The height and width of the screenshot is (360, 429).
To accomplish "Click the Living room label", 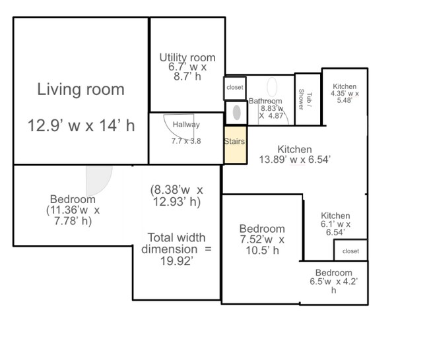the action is pyautogui.click(x=81, y=90).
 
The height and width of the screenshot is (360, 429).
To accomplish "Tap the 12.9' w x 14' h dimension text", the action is pyautogui.click(x=81, y=125).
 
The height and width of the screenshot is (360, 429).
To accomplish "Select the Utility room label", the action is pyautogui.click(x=187, y=57).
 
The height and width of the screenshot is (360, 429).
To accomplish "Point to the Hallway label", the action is pyautogui.click(x=186, y=125).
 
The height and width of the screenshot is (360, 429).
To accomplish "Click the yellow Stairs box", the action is pyautogui.click(x=236, y=145).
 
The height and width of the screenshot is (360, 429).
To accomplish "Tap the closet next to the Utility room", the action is pyautogui.click(x=235, y=88).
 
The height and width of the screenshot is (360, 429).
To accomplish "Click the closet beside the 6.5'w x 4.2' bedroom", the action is pyautogui.click(x=350, y=251).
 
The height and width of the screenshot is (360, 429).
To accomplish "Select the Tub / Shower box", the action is pyautogui.click(x=308, y=99).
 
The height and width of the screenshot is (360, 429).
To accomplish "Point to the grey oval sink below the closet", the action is pyautogui.click(x=237, y=113).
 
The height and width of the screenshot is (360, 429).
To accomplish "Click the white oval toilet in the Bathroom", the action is pyautogui.click(x=272, y=87).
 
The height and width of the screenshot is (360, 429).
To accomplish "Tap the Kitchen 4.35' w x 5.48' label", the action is pyautogui.click(x=345, y=94).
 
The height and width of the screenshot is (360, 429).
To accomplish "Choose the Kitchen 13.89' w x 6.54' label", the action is pyautogui.click(x=294, y=154).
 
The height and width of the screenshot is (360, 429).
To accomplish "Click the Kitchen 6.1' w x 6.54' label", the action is pyautogui.click(x=335, y=224).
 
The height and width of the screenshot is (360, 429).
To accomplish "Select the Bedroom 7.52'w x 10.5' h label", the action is pyautogui.click(x=262, y=239).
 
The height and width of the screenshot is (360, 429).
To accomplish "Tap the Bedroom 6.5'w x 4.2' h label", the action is pyautogui.click(x=334, y=282).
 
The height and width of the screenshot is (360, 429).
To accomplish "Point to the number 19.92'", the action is pyautogui.click(x=176, y=261).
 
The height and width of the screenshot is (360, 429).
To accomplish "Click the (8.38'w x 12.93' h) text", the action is pyautogui.click(x=176, y=196).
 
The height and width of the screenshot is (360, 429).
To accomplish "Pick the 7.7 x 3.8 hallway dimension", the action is pyautogui.click(x=186, y=141).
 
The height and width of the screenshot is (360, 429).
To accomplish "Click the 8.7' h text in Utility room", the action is pyautogui.click(x=187, y=76).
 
